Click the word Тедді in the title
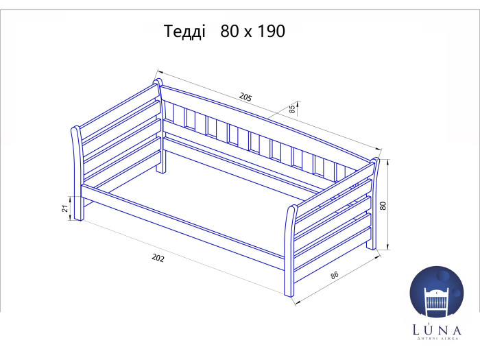[x=184, y=32]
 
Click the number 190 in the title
[x=272, y=31]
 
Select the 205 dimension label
[x=245, y=97]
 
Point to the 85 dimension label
[x=292, y=109]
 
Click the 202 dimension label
[x=158, y=259]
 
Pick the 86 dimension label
[x=335, y=275]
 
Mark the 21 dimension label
[x=64, y=208]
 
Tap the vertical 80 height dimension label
[x=383, y=206]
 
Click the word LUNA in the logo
[x=437, y=330]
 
